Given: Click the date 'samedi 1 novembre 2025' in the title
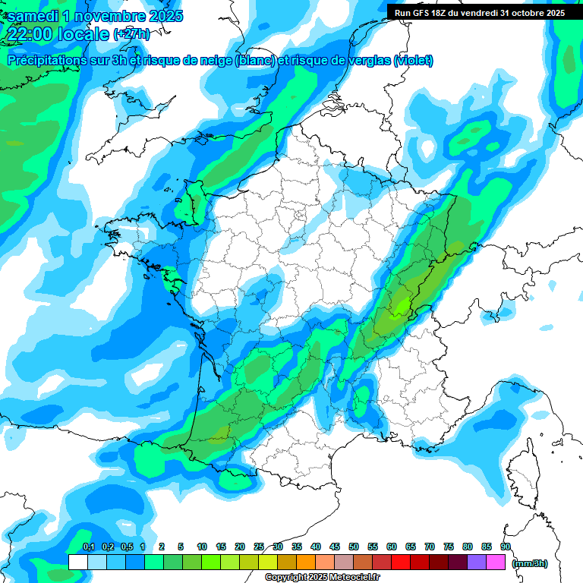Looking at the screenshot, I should pos(95,16).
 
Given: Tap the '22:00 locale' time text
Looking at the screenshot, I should pos(58,34).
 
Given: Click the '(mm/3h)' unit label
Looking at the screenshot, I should pos(530,563).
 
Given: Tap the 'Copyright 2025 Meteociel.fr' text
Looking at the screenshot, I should pos(322,578).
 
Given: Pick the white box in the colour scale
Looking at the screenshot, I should pos(77,562).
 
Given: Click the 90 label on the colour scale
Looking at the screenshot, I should pos(505,547).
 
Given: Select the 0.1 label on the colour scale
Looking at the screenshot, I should pos(88,547).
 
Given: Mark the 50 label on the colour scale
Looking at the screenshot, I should pos(354,547).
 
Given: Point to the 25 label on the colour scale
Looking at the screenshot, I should pos(259,547).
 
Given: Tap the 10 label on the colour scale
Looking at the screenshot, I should pos(202,547).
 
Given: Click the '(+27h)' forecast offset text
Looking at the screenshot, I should pos(131,34).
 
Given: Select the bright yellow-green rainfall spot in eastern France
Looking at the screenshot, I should pos(400,306).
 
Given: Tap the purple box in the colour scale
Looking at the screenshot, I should pos(477,562).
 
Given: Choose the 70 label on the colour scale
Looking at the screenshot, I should pos(430,547).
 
